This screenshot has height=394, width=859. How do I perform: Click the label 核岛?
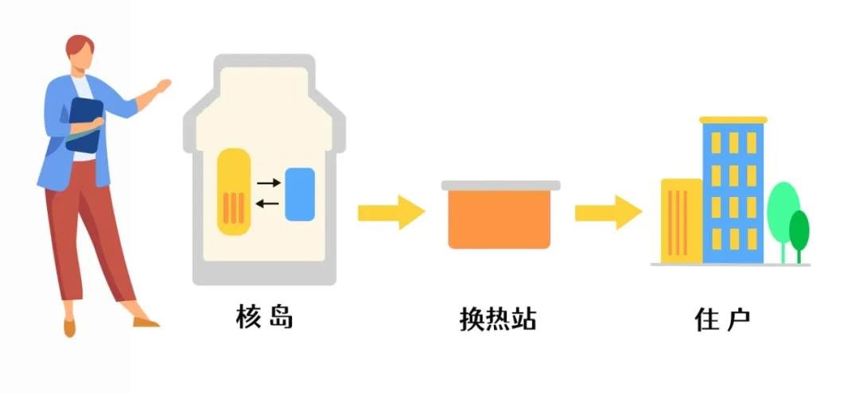pos(265,318)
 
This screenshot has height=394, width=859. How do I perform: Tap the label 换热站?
pos(499,319)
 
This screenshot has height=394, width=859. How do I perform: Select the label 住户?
pos(721,319)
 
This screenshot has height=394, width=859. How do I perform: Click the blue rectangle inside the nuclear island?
pos(300,194)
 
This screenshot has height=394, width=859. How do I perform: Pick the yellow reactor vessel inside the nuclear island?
pos(234,191)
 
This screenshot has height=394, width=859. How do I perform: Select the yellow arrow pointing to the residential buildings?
pos(608,212)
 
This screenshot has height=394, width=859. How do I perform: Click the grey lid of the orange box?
pos(500,185)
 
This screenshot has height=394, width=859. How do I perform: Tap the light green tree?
pos(783,211)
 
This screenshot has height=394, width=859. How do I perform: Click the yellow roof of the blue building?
pos(733,120)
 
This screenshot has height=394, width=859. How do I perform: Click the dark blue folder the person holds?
pos(84,123)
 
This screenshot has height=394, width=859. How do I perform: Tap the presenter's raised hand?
pos(162,86)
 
